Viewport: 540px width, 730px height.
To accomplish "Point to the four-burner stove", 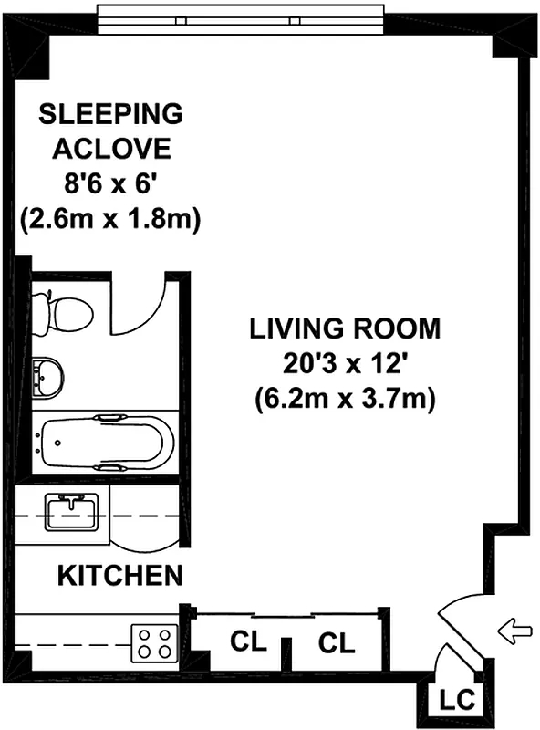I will pyautogui.click(x=155, y=641).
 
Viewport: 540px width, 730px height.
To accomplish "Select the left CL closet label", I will pyautogui.click(x=247, y=643).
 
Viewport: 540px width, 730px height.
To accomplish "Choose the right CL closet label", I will pyautogui.click(x=337, y=643).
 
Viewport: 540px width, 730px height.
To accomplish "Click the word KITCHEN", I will pyautogui.click(x=120, y=576).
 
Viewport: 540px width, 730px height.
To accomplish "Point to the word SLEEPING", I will pyautogui.click(x=110, y=114).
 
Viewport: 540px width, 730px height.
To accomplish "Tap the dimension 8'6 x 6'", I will pyautogui.click(x=111, y=184).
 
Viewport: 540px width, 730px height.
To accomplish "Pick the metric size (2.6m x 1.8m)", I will pyautogui.click(x=110, y=219).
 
